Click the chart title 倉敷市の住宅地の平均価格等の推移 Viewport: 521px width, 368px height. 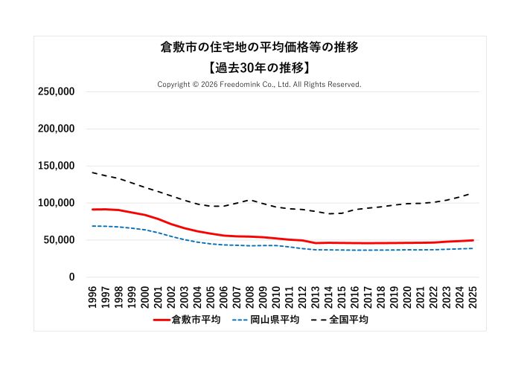260,48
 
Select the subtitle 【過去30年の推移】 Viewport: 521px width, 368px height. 260,67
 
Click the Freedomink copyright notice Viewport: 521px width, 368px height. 260,85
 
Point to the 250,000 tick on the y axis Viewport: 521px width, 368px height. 57,91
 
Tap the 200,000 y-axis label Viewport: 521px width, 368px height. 57,129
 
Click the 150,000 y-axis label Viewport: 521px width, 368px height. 57,166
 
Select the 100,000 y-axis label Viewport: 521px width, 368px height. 57,203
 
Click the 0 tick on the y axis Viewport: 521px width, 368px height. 72,277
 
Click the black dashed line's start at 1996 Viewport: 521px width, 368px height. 92,172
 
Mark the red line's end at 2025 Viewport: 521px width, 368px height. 473,240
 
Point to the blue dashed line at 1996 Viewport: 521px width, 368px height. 92,226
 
